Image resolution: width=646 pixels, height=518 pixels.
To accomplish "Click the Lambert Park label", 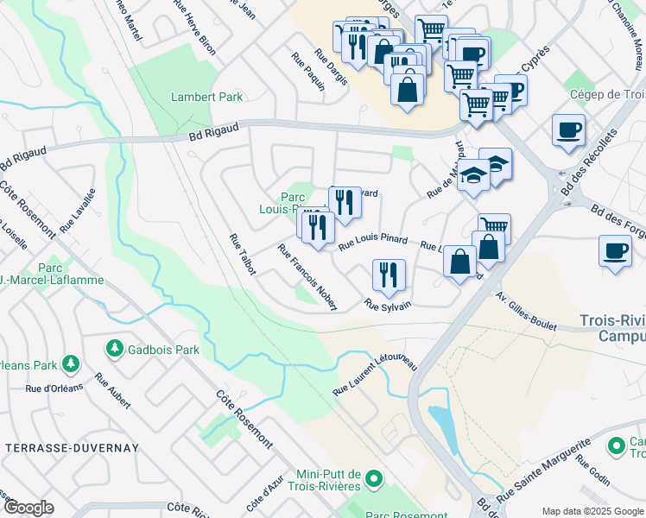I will [x=206, y=97].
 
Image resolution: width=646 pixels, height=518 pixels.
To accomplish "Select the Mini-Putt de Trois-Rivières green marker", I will [x=373, y=477].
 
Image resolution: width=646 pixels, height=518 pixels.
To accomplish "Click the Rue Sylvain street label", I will [x=387, y=305].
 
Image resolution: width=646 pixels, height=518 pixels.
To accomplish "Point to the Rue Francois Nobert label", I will [x=307, y=276].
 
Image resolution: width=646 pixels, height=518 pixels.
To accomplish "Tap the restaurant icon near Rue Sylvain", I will [x=388, y=275].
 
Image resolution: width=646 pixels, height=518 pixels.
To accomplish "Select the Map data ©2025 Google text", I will [x=592, y=511].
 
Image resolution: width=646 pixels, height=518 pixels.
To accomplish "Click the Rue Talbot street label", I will [x=242, y=255].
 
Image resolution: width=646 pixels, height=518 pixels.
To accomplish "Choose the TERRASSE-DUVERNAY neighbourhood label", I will [x=57, y=448].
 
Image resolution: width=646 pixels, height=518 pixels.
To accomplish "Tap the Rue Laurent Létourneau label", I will [x=375, y=376].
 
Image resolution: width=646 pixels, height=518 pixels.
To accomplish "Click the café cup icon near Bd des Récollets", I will [x=567, y=129].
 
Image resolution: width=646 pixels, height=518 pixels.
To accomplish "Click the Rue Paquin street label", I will [x=308, y=78].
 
